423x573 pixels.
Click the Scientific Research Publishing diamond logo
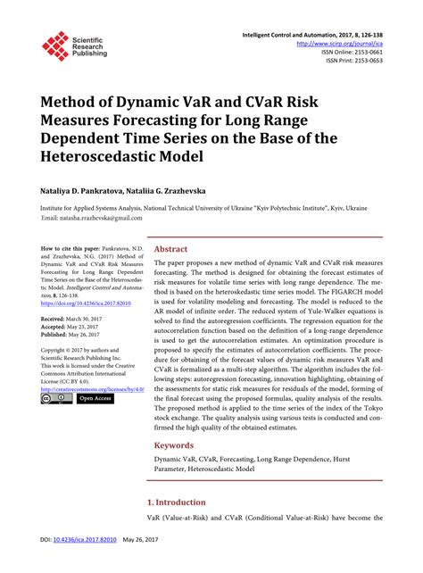pyautogui.click(x=55, y=46)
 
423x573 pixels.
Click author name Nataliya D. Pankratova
pyautogui.click(x=87, y=192)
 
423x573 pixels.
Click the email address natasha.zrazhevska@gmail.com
pyautogui.click(x=98, y=218)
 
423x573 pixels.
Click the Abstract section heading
pyautogui.click(x=171, y=250)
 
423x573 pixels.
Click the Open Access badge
pyautogui.click(x=97, y=399)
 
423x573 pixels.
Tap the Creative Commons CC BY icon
pyautogui.click(x=55, y=399)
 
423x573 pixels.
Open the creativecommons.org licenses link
pyautogui.click(x=88, y=389)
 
